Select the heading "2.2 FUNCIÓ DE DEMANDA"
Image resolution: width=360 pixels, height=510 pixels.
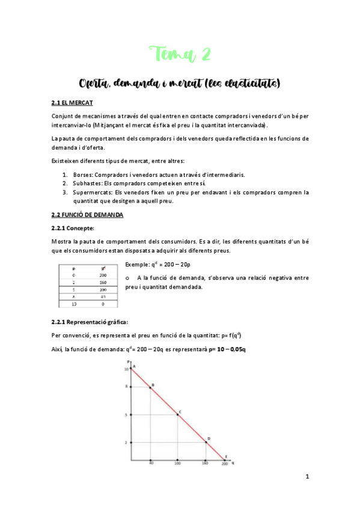click(x=88, y=215)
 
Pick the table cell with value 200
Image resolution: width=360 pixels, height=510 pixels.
click(x=103, y=274)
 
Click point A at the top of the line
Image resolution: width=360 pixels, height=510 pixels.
click(x=133, y=367)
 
